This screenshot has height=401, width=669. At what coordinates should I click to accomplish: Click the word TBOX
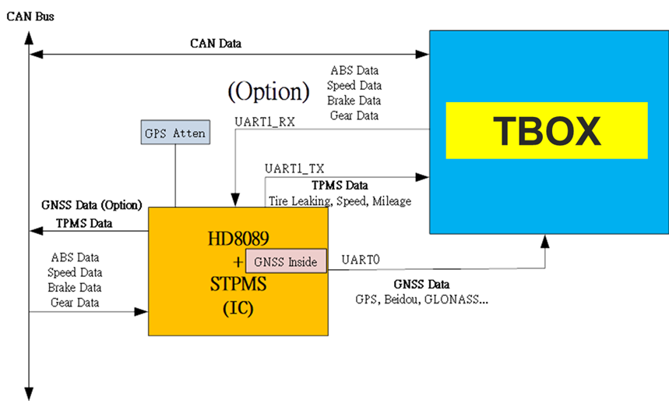tap(547, 131)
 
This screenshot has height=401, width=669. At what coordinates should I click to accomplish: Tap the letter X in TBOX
tap(586, 131)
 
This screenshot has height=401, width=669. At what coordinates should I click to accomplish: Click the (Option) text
tap(269, 92)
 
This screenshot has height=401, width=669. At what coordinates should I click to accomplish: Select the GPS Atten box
tap(175, 133)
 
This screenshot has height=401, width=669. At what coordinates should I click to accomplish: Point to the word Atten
tap(190, 133)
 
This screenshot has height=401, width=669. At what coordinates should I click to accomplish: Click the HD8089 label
tap(238, 239)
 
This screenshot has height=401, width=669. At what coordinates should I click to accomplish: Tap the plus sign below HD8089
tap(238, 262)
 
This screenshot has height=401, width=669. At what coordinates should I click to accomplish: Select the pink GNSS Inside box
tap(286, 261)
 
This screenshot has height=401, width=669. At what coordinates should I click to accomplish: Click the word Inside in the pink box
tap(302, 262)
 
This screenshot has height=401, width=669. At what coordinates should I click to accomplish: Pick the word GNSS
tap(269, 262)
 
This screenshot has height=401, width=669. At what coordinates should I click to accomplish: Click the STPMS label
tap(238, 285)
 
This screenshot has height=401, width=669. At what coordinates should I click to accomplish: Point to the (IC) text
tap(238, 308)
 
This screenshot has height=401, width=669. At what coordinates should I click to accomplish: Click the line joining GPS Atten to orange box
tap(176, 176)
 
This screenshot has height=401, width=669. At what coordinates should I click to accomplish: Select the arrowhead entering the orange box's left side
tap(141, 312)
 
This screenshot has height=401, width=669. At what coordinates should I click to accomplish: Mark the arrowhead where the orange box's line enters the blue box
tap(422, 177)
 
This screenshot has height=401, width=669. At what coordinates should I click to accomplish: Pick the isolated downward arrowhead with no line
tap(29, 392)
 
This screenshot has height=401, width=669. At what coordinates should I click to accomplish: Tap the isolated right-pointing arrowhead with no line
tap(421, 55)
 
